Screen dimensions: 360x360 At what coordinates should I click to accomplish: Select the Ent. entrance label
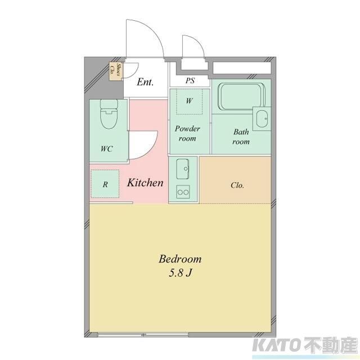click(x=145, y=82)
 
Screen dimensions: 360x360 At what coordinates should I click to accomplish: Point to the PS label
click(x=190, y=81)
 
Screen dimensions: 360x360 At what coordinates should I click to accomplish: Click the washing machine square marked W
click(x=190, y=102)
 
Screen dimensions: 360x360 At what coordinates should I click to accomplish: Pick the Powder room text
click(x=187, y=133)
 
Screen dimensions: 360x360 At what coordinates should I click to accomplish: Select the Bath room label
click(x=241, y=137)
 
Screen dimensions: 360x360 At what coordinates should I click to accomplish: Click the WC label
click(x=106, y=149)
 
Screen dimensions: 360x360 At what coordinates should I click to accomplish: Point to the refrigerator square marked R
click(x=105, y=184)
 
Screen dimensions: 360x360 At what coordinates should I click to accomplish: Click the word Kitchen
click(x=145, y=183)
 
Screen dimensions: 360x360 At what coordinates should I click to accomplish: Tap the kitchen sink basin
click(x=183, y=168)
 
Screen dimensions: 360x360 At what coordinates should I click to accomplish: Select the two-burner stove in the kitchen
click(x=183, y=191)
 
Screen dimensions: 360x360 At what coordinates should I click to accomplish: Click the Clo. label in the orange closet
click(x=237, y=185)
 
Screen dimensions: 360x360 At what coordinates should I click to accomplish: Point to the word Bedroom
click(x=180, y=259)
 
